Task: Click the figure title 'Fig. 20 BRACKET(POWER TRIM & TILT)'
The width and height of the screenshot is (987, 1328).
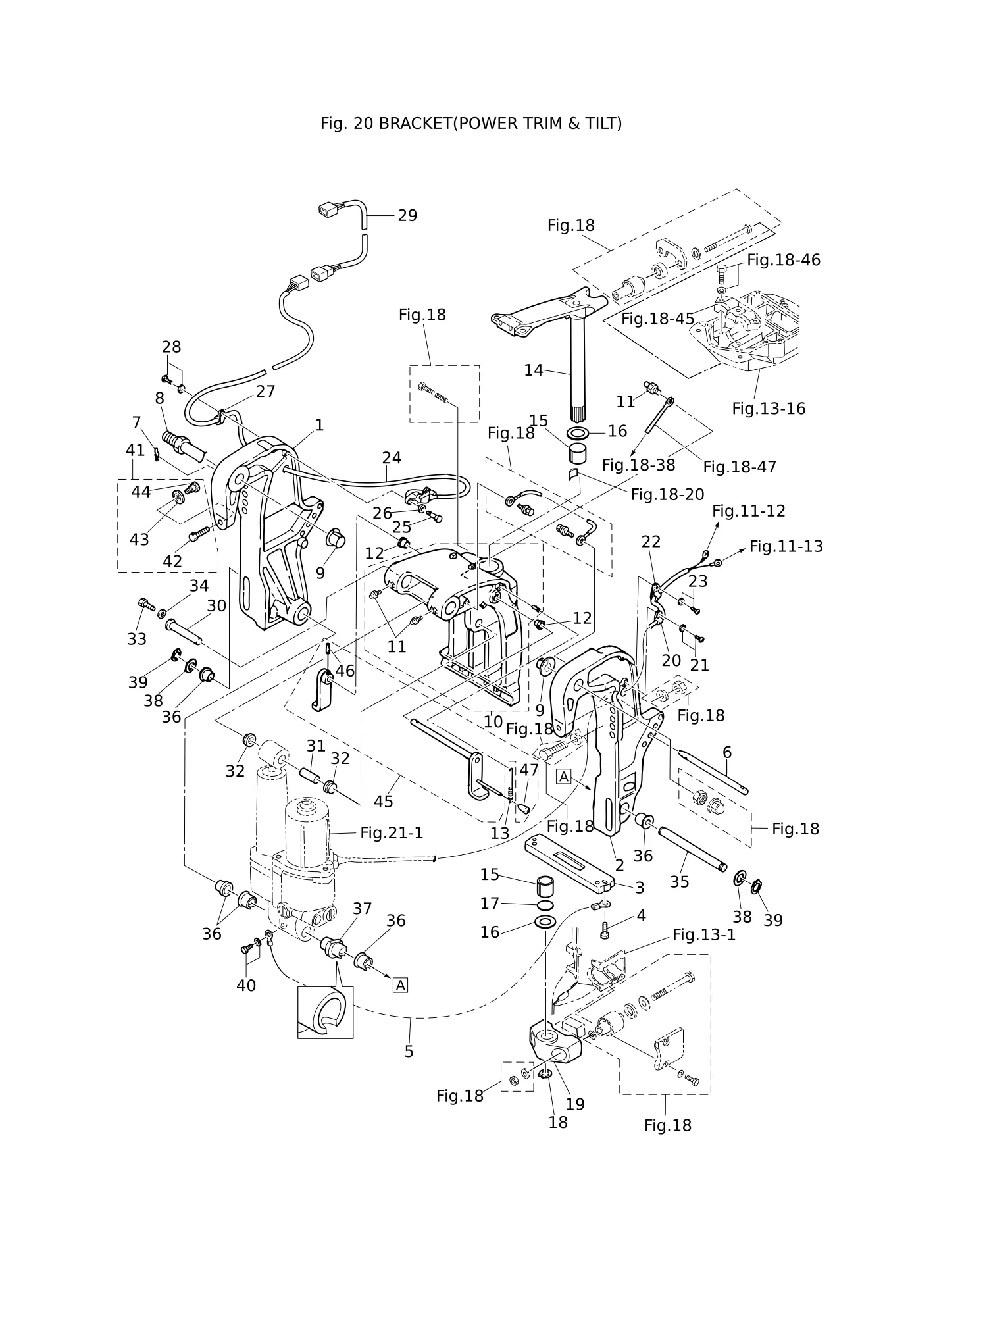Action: [x=471, y=123]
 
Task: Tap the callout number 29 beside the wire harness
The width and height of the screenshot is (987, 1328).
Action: [x=407, y=216]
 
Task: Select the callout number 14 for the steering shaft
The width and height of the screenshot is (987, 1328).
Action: [x=534, y=370]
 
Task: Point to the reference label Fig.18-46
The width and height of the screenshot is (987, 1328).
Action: [x=784, y=260]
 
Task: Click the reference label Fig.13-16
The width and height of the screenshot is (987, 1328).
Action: [x=769, y=409]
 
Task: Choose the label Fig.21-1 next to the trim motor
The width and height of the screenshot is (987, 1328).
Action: [x=392, y=833]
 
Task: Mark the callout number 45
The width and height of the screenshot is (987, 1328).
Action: [x=384, y=802]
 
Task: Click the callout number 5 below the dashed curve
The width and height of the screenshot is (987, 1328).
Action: [x=409, y=1052]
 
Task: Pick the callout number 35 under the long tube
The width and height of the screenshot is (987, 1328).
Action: [x=680, y=882]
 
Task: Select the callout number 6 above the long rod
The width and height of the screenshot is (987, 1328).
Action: [x=727, y=752]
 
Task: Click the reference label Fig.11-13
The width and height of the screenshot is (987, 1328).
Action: [x=786, y=547]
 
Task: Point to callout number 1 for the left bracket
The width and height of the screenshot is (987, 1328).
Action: [x=319, y=425]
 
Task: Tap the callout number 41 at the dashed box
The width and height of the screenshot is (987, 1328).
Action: [x=135, y=451]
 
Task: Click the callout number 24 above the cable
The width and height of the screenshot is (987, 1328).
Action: [x=392, y=458]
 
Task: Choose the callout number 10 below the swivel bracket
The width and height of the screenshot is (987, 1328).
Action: [x=493, y=721]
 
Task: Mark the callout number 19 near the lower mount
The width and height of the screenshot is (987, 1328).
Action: [x=575, y=1104]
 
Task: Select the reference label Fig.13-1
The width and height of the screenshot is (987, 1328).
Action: [x=704, y=935]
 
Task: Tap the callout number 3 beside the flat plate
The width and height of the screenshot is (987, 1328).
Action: [x=640, y=888]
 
